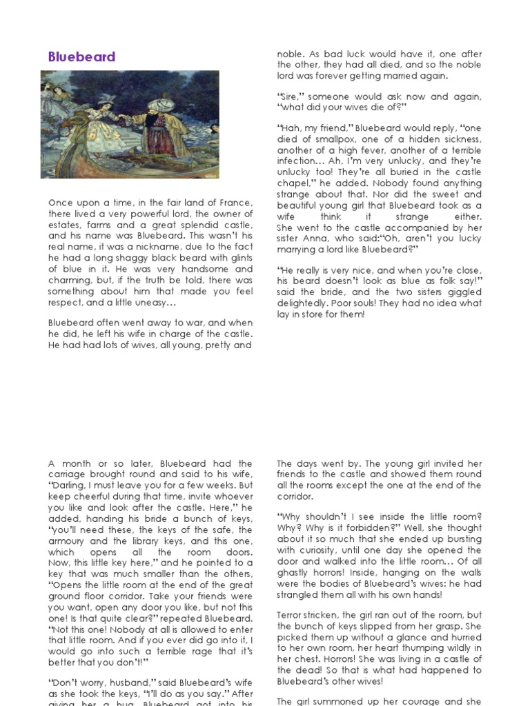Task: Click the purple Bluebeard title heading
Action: pyautogui.click(x=81, y=57)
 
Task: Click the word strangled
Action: pyautogui.click(x=301, y=594)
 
